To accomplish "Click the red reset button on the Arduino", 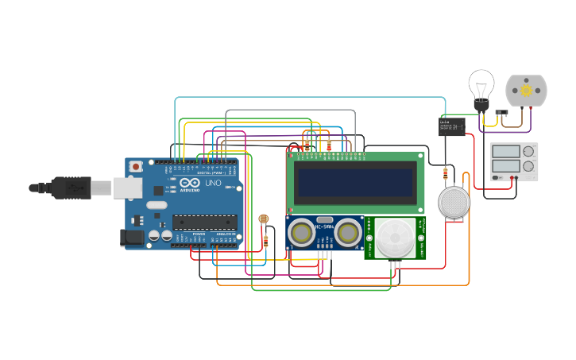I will tap(136, 166).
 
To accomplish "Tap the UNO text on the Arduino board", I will tap(213, 183).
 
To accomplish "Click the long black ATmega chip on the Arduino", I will tap(204, 222).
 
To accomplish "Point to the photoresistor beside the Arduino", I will tap(264, 219).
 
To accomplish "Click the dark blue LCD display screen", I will tap(355, 182).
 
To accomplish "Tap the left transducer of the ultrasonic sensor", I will tap(301, 232).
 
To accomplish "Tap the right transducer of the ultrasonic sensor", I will tap(348, 232).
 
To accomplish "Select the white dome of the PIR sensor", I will tap(395, 238).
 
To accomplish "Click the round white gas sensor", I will tap(454, 202).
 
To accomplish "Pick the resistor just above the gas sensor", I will tap(445, 172).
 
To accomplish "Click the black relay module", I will tap(452, 126).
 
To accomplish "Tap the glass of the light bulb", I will tap(481, 83).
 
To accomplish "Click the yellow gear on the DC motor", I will tap(526, 91).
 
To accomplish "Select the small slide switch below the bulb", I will tap(501, 113).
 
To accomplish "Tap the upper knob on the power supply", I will tap(528, 151).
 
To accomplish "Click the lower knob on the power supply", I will tap(528, 166).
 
